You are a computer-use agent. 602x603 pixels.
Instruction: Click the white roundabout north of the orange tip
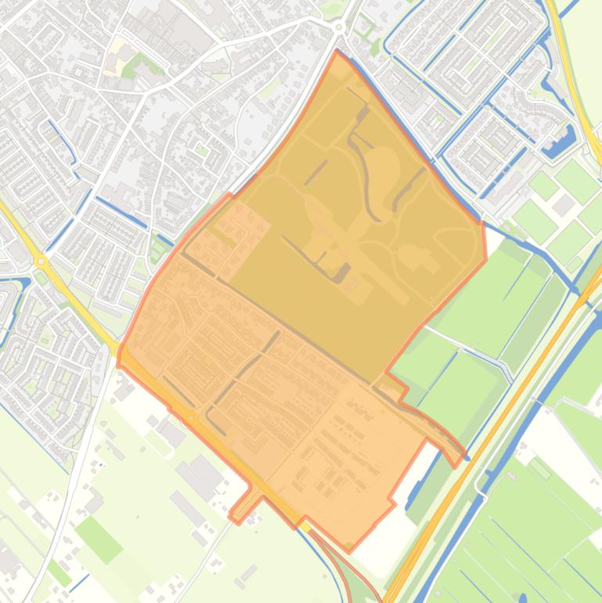[x=339, y=27]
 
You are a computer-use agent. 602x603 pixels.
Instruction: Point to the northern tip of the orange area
[x=337, y=53]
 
